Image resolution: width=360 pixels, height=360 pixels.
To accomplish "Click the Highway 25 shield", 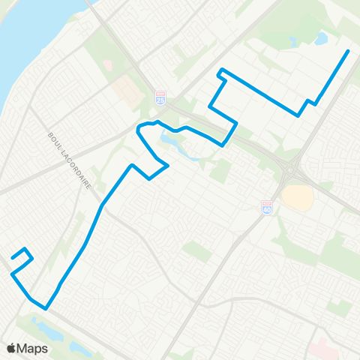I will point(160,97).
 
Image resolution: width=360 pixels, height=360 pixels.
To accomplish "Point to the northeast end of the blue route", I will point(349,51).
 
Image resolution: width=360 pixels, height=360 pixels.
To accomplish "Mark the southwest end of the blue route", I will point(12,259).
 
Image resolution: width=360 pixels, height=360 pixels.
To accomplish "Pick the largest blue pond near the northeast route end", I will point(322,37).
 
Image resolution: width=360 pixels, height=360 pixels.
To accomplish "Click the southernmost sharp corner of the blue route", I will point(46,307).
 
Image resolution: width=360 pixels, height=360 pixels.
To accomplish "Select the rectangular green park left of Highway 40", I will point(197,250).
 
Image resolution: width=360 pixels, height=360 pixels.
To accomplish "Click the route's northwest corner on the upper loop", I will point(220,71).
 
